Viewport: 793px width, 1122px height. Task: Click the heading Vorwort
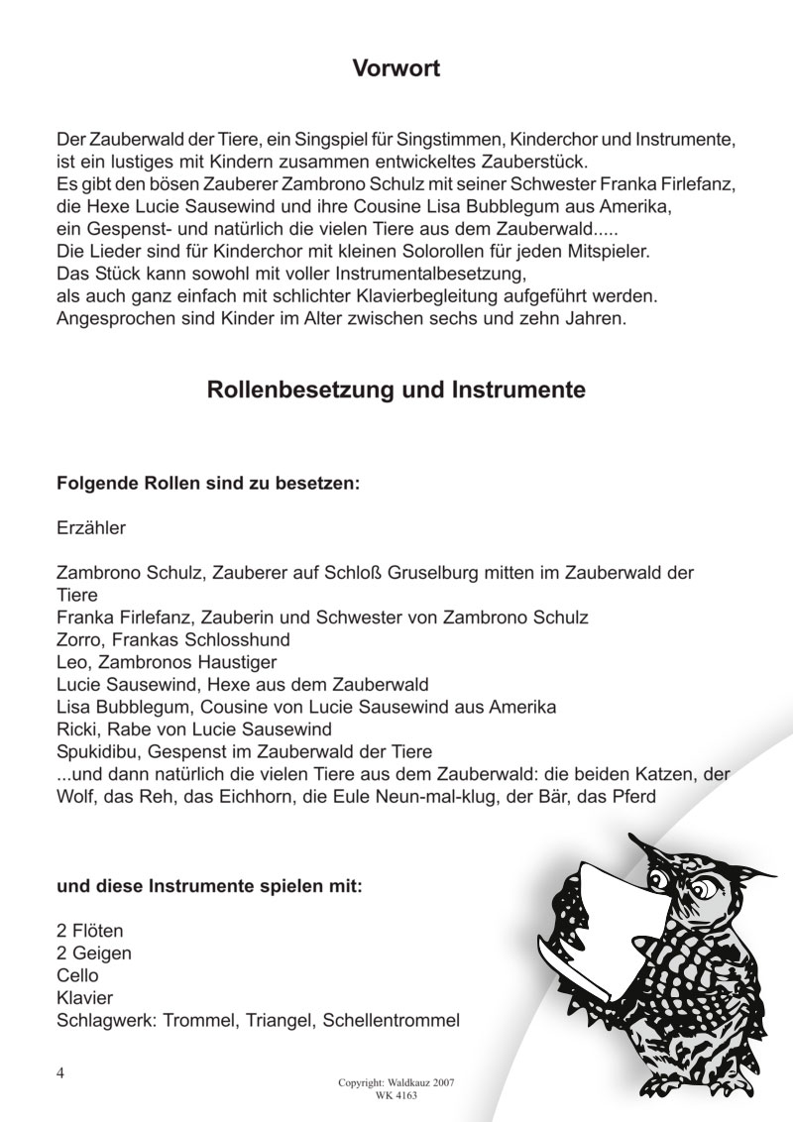[396, 68]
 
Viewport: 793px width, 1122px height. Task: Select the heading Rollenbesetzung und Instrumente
[396, 390]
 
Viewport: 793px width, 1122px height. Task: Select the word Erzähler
[92, 528]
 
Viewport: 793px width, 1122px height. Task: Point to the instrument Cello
[79, 975]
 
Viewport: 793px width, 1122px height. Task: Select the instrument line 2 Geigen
[95, 954]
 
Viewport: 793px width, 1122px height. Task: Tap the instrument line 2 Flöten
[92, 932]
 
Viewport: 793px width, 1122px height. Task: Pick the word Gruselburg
[471, 573]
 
